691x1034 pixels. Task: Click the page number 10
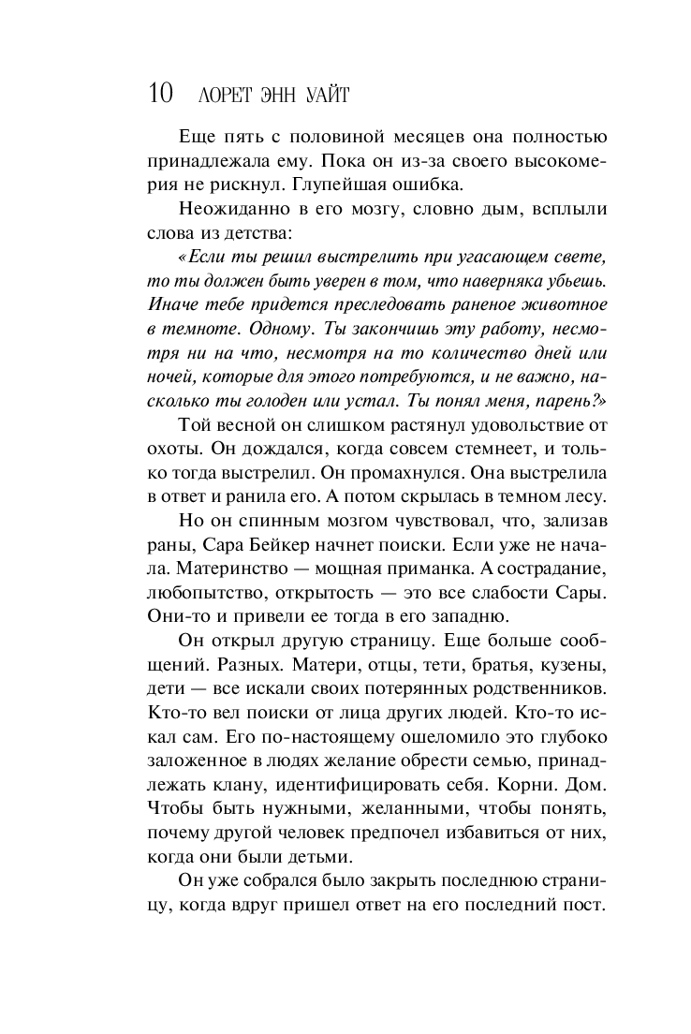pyautogui.click(x=160, y=94)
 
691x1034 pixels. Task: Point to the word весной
pyautogui.click(x=248, y=425)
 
